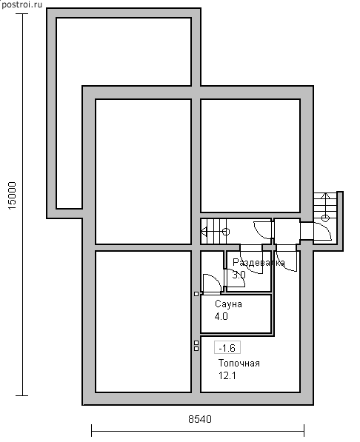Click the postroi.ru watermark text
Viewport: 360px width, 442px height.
[x=21, y=4]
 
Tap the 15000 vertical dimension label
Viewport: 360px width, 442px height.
[x=13, y=195]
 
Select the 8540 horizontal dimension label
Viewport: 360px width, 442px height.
[x=200, y=419]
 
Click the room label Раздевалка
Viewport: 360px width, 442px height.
[x=259, y=263]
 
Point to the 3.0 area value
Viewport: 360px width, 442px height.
[x=239, y=275]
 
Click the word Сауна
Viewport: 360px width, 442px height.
[x=228, y=304]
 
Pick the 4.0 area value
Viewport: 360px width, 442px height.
[x=221, y=317]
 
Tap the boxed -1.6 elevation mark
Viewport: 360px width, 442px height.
[x=227, y=347]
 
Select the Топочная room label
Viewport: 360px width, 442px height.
[x=239, y=364]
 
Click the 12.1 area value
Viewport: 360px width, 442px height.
[x=227, y=376]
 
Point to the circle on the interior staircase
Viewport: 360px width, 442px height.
[x=226, y=232]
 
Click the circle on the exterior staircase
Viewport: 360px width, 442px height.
[x=325, y=218]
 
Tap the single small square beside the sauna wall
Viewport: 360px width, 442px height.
[x=196, y=294]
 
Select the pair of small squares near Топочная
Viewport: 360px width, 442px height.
[x=196, y=346]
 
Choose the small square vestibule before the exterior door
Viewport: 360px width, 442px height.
[x=287, y=231]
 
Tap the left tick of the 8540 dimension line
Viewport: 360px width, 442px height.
[x=92, y=431]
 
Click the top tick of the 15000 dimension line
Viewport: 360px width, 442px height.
[x=23, y=13]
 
